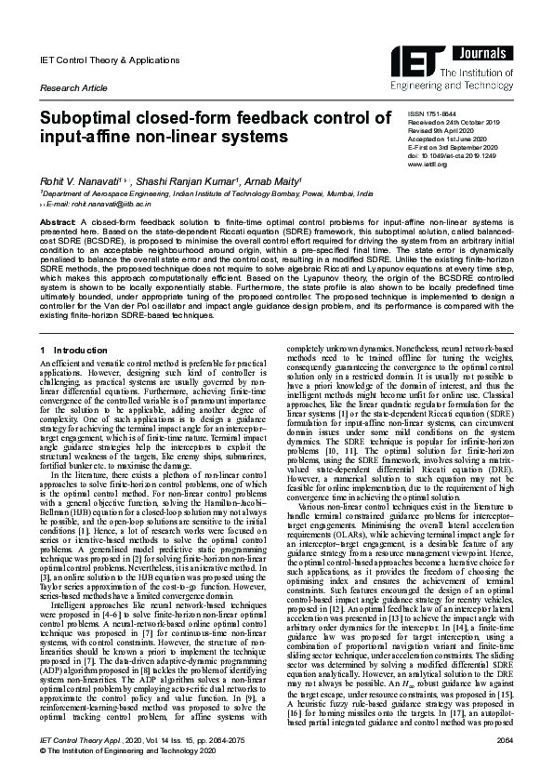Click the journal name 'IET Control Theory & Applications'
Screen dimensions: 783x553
97,60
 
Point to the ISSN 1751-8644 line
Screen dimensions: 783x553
405,113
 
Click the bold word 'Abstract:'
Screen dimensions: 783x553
58,224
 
